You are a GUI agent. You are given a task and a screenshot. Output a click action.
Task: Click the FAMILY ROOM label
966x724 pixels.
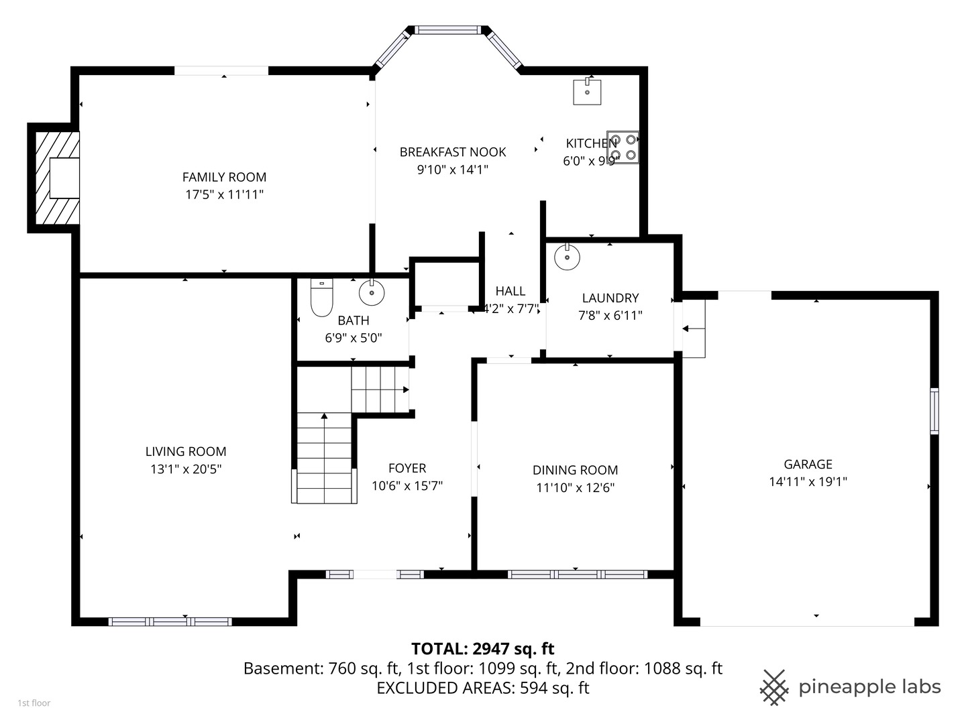coord(224,177)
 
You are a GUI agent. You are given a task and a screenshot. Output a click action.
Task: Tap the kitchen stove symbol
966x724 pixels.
coord(623,147)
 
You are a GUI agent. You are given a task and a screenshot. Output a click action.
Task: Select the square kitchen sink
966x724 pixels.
coord(587,91)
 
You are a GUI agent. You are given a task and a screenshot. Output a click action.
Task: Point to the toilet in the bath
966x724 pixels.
coord(322,297)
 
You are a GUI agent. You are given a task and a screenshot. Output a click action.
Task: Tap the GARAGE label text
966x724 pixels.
coord(808,464)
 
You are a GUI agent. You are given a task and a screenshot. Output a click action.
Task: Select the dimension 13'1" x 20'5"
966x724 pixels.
coord(186,469)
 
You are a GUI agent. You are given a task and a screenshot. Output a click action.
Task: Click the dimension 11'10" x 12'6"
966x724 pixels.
coord(575,487)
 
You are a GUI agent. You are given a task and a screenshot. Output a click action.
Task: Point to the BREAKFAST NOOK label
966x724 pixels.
coord(453,152)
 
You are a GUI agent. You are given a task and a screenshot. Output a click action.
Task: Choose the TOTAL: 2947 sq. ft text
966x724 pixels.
coord(483,648)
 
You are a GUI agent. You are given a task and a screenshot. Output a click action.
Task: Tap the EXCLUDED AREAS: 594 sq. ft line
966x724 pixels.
coord(483,688)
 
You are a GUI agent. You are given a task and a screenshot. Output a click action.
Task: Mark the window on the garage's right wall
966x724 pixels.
coord(934,411)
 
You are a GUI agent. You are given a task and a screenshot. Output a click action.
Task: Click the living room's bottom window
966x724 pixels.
coord(170,621)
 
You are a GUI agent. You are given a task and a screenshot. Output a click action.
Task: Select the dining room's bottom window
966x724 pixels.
coord(578,574)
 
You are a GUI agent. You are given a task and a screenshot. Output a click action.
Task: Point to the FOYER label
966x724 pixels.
coord(407,468)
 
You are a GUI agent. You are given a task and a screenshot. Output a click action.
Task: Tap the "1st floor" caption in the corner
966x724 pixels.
coord(34,703)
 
